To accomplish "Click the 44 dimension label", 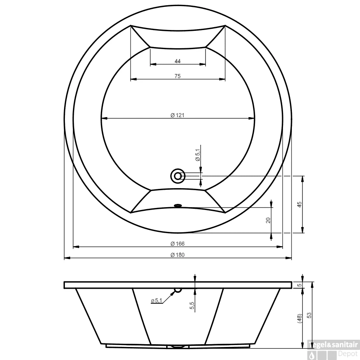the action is coord(178,61).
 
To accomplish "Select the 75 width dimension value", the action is coord(178,76).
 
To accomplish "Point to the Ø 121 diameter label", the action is coord(178,115).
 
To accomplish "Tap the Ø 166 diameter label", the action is coord(178,244).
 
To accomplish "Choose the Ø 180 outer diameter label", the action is coord(178,255).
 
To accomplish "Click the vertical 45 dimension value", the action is coord(299,205).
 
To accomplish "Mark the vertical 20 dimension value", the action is coord(268,221).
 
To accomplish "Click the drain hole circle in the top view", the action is coord(178,176).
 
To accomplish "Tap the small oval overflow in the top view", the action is coord(178,206).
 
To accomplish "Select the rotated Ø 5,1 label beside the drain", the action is coord(198,155).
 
